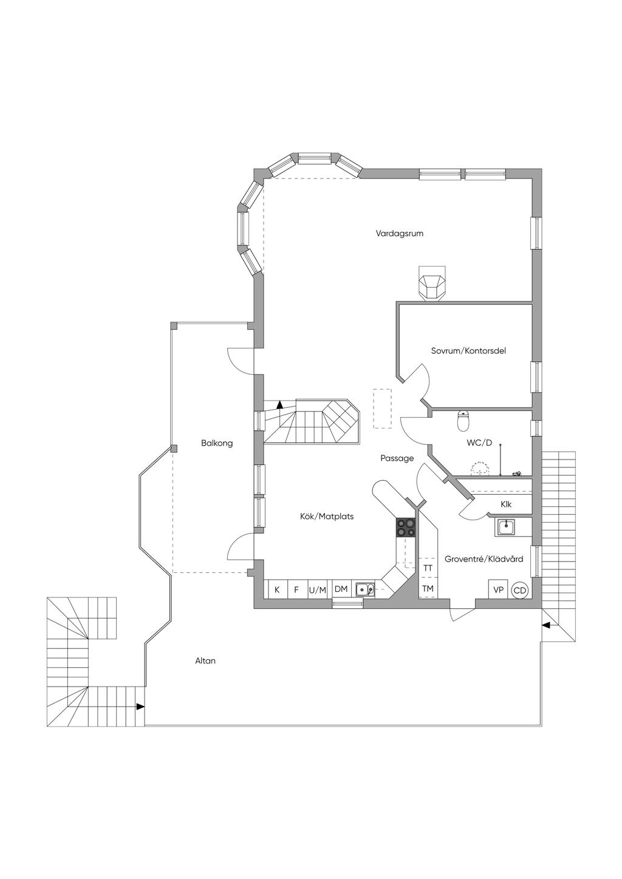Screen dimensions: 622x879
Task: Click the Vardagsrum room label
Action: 399,233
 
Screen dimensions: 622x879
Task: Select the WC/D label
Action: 479,443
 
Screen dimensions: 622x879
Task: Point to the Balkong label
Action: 217,443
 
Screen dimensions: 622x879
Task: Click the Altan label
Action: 205,660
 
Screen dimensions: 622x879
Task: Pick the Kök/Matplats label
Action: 327,517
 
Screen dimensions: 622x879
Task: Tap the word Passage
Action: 397,458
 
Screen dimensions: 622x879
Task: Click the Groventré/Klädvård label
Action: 484,559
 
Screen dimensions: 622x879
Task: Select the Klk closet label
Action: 506,504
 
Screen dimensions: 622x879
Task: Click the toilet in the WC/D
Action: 463,419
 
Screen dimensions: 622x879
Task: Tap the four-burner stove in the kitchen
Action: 406,528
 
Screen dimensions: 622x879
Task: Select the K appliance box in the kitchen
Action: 277,589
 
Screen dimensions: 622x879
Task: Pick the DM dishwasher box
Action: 341,589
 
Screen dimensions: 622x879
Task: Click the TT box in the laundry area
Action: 428,568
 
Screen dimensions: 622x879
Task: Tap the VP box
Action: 499,589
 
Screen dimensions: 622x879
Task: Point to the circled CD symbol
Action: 519,590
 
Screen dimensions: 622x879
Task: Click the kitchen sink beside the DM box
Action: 365,588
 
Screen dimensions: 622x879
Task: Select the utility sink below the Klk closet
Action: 506,527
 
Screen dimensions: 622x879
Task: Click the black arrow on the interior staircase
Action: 279,403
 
